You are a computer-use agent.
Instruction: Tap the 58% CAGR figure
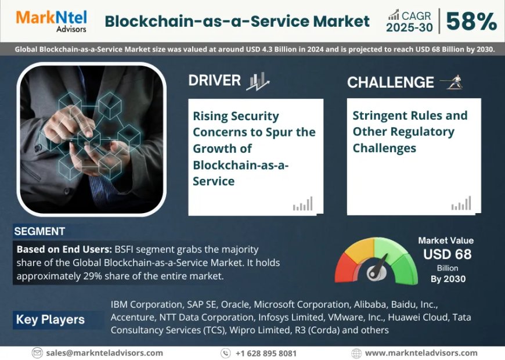pyautogui.click(x=472, y=21)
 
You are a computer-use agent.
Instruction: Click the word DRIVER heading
pyautogui.click(x=214, y=80)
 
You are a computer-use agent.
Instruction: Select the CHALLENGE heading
pyautogui.click(x=390, y=82)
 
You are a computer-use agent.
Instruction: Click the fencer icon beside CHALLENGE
pyautogui.click(x=451, y=82)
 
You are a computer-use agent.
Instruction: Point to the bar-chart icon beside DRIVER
pyautogui.click(x=257, y=81)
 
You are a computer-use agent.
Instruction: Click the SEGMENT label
pyautogui.click(x=39, y=231)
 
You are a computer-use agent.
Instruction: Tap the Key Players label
pyautogui.click(x=50, y=319)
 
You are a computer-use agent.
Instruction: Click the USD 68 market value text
pyautogui.click(x=447, y=254)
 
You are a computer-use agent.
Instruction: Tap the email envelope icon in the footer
pyautogui.click(x=38, y=352)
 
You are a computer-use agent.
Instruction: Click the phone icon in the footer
pyautogui.click(x=226, y=353)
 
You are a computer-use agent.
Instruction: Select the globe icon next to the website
pyautogui.click(x=356, y=353)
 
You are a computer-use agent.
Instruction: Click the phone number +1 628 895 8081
pyautogui.click(x=266, y=353)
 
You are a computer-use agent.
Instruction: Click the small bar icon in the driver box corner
pyautogui.click(x=302, y=204)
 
